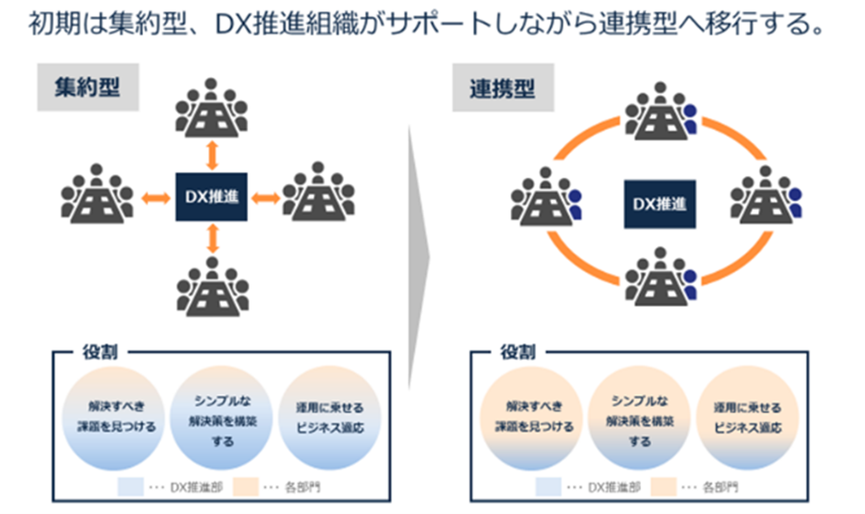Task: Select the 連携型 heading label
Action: click(x=503, y=88)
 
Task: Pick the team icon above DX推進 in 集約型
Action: click(x=211, y=108)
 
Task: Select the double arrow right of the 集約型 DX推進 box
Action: click(x=265, y=197)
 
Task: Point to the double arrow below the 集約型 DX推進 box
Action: click(x=211, y=238)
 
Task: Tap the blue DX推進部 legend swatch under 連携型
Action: click(x=548, y=487)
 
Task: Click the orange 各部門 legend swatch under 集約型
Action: click(x=246, y=487)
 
